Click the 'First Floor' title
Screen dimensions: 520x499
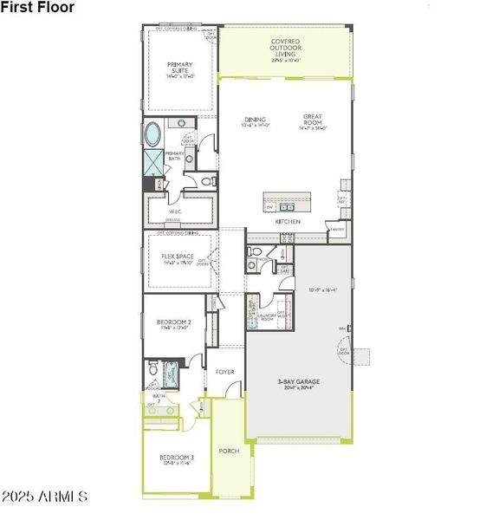coord(38,8)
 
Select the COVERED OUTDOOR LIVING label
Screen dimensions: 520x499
coord(285,50)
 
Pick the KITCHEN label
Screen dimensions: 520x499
coord(288,222)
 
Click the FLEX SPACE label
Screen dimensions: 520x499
coord(177,258)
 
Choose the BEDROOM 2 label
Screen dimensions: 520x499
coord(176,322)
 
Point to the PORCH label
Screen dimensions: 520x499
coord(229,451)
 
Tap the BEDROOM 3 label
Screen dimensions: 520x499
coord(176,459)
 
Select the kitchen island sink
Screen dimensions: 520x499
coord(287,207)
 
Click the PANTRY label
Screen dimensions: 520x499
coord(336,229)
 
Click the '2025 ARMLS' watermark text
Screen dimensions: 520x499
coord(45,497)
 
